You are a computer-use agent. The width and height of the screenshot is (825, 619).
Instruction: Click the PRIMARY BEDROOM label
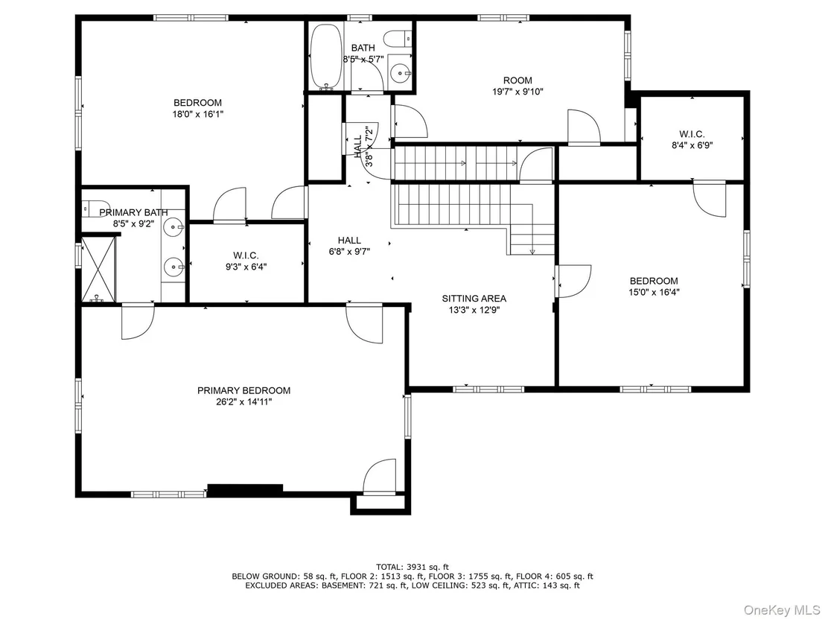[243, 390]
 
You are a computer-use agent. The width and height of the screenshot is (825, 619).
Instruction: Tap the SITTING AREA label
[474, 299]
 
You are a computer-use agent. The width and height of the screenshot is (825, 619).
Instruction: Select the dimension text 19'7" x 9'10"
[517, 92]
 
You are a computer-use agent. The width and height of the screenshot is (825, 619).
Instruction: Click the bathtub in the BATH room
[326, 57]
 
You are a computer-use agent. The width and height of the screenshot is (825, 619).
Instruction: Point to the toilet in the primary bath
[96, 208]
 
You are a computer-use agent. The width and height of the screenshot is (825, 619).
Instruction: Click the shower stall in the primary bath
[98, 270]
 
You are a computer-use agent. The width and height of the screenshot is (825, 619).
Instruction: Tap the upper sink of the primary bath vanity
[173, 228]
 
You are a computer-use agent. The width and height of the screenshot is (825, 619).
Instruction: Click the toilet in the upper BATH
[398, 39]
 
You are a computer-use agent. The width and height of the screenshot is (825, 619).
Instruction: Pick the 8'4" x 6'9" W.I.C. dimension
[692, 145]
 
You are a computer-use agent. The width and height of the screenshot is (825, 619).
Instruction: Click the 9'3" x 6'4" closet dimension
[246, 267]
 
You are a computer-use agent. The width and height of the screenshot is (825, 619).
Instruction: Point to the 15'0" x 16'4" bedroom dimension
[654, 292]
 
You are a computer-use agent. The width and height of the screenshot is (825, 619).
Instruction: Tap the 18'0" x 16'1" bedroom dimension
[198, 114]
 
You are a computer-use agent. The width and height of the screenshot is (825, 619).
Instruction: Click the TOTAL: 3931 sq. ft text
[412, 567]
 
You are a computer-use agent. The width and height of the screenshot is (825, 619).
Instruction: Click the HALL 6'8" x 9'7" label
[349, 246]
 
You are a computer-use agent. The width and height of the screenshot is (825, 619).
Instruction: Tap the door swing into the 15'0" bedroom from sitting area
[575, 282]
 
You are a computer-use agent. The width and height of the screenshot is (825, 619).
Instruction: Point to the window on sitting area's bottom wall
[488, 390]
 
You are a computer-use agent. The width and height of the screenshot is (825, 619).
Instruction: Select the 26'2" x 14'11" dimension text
[243, 402]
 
